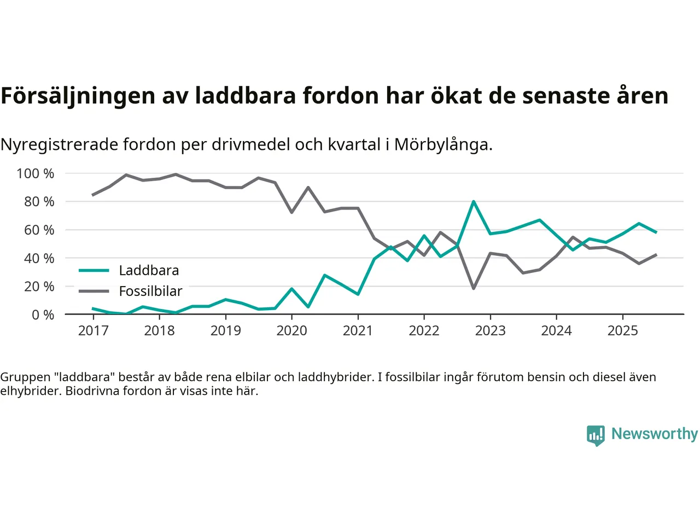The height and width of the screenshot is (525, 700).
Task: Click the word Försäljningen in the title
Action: (x=78, y=96)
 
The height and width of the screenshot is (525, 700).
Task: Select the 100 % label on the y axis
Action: (x=36, y=173)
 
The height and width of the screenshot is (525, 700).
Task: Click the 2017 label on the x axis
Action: (x=93, y=331)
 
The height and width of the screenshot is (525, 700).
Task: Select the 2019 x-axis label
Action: (x=225, y=331)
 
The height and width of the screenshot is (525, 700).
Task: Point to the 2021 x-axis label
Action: (x=358, y=331)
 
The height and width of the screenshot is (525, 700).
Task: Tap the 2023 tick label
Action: (x=490, y=331)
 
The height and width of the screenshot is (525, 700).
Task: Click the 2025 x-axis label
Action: (x=622, y=331)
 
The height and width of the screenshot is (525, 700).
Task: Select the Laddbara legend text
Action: (x=149, y=271)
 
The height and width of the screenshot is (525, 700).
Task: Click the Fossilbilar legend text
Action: (x=150, y=291)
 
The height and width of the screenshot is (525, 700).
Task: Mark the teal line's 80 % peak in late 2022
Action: (x=473, y=202)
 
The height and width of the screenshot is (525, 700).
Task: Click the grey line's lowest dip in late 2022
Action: (x=473, y=288)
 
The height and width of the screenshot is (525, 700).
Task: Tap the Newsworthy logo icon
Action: (x=596, y=435)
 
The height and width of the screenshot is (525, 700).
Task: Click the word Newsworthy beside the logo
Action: (x=655, y=434)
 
